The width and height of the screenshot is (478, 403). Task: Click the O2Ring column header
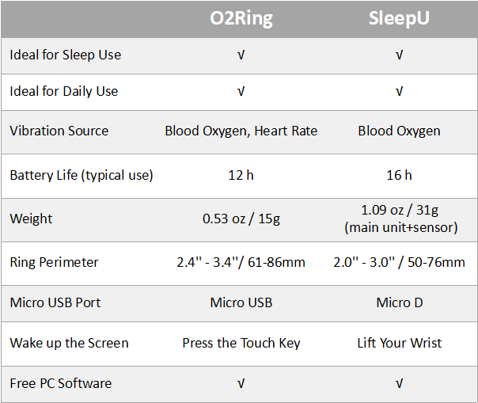(x=241, y=19)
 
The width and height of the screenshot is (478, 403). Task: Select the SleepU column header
(x=399, y=18)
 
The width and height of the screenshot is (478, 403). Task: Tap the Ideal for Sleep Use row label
(x=65, y=55)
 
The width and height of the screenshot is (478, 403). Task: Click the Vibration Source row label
(x=59, y=131)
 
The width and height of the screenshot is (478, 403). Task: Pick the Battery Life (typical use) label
(x=82, y=176)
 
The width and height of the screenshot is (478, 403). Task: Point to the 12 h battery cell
(x=241, y=175)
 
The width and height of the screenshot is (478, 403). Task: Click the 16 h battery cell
(x=399, y=175)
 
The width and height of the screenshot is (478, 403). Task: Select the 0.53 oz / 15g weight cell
(x=241, y=219)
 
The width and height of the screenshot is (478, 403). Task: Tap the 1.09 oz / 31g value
(x=400, y=210)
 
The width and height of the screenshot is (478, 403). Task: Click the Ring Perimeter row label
(x=54, y=262)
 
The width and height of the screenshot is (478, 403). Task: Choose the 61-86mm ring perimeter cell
(x=241, y=262)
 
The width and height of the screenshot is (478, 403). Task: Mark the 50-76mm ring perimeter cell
(x=399, y=262)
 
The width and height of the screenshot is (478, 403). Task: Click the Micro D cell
(x=400, y=302)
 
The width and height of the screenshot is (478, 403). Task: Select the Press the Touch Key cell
(x=241, y=343)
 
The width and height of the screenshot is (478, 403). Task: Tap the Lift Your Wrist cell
(x=400, y=343)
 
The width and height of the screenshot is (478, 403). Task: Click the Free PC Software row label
(x=61, y=383)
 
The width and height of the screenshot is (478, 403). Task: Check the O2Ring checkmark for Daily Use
(x=241, y=92)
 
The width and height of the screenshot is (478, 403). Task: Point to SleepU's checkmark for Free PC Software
(x=399, y=383)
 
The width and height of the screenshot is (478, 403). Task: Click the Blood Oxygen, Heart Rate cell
(x=241, y=131)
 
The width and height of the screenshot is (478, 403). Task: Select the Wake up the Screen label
(x=69, y=343)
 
